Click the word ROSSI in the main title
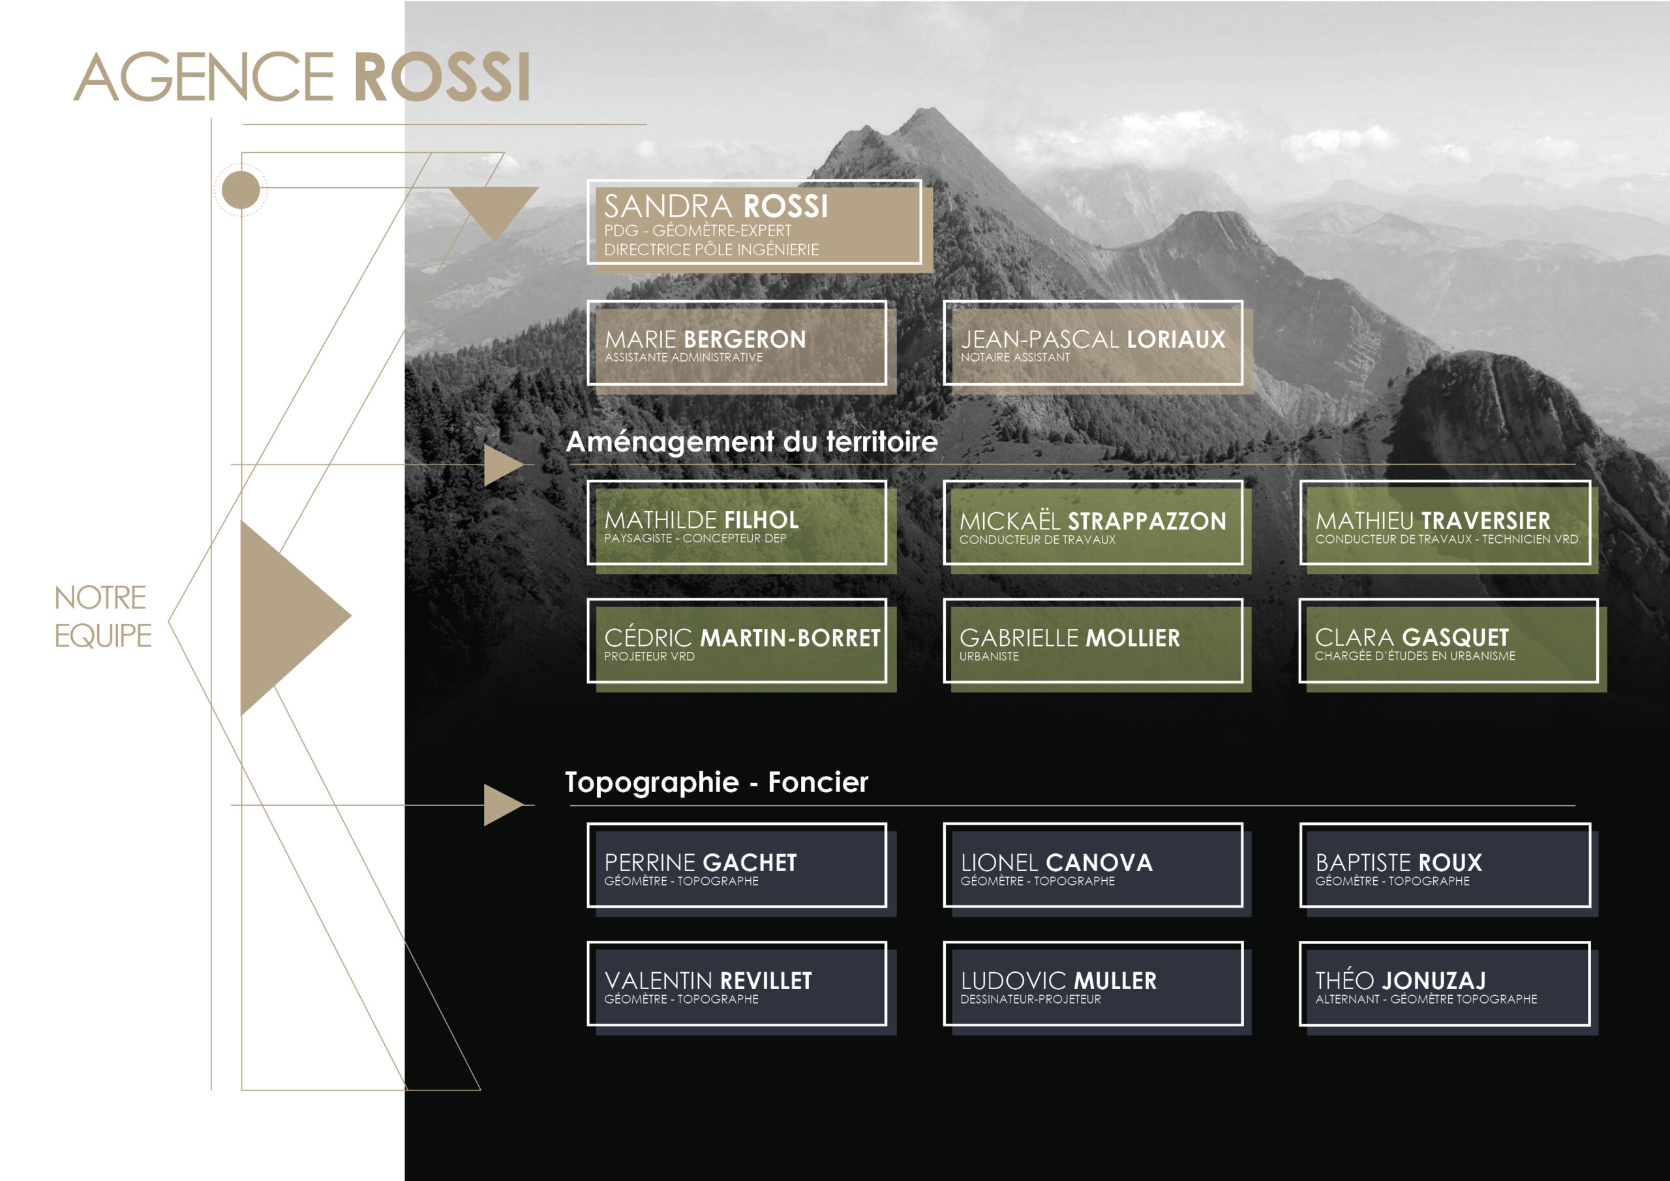click(442, 77)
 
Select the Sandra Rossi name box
click(754, 222)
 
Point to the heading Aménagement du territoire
click(751, 442)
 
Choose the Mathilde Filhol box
click(736, 523)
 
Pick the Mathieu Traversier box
click(1444, 523)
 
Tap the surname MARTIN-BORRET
click(789, 638)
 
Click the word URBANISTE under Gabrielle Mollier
click(988, 656)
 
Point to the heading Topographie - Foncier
click(716, 782)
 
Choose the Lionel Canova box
click(1093, 865)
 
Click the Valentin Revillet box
click(736, 984)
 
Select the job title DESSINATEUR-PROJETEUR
click(1030, 1000)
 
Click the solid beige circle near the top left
click(241, 191)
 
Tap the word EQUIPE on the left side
click(103, 636)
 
